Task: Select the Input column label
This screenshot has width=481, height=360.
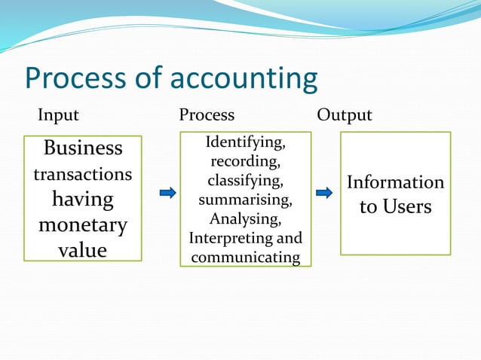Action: [x=58, y=115]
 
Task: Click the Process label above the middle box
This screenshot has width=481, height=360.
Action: [x=207, y=115]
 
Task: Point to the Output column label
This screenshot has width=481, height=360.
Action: [x=345, y=115]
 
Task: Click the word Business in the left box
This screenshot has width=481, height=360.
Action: [x=83, y=148]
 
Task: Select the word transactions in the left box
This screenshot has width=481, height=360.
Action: [x=83, y=174]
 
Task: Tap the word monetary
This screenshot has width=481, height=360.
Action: [x=83, y=225]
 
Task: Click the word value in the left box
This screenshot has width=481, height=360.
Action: [x=83, y=250]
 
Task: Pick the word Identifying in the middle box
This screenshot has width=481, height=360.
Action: [x=245, y=142]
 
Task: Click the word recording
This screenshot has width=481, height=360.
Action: [x=245, y=161]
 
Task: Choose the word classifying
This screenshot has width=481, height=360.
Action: [x=245, y=181]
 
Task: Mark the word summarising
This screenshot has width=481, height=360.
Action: [x=245, y=200]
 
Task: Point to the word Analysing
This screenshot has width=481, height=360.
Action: [x=245, y=219]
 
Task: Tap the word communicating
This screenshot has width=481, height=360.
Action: [x=245, y=258]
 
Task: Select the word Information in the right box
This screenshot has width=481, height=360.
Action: [x=395, y=182]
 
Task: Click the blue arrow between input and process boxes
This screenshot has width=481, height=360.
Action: [x=168, y=193]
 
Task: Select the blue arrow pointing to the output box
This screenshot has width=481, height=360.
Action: [x=324, y=193]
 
